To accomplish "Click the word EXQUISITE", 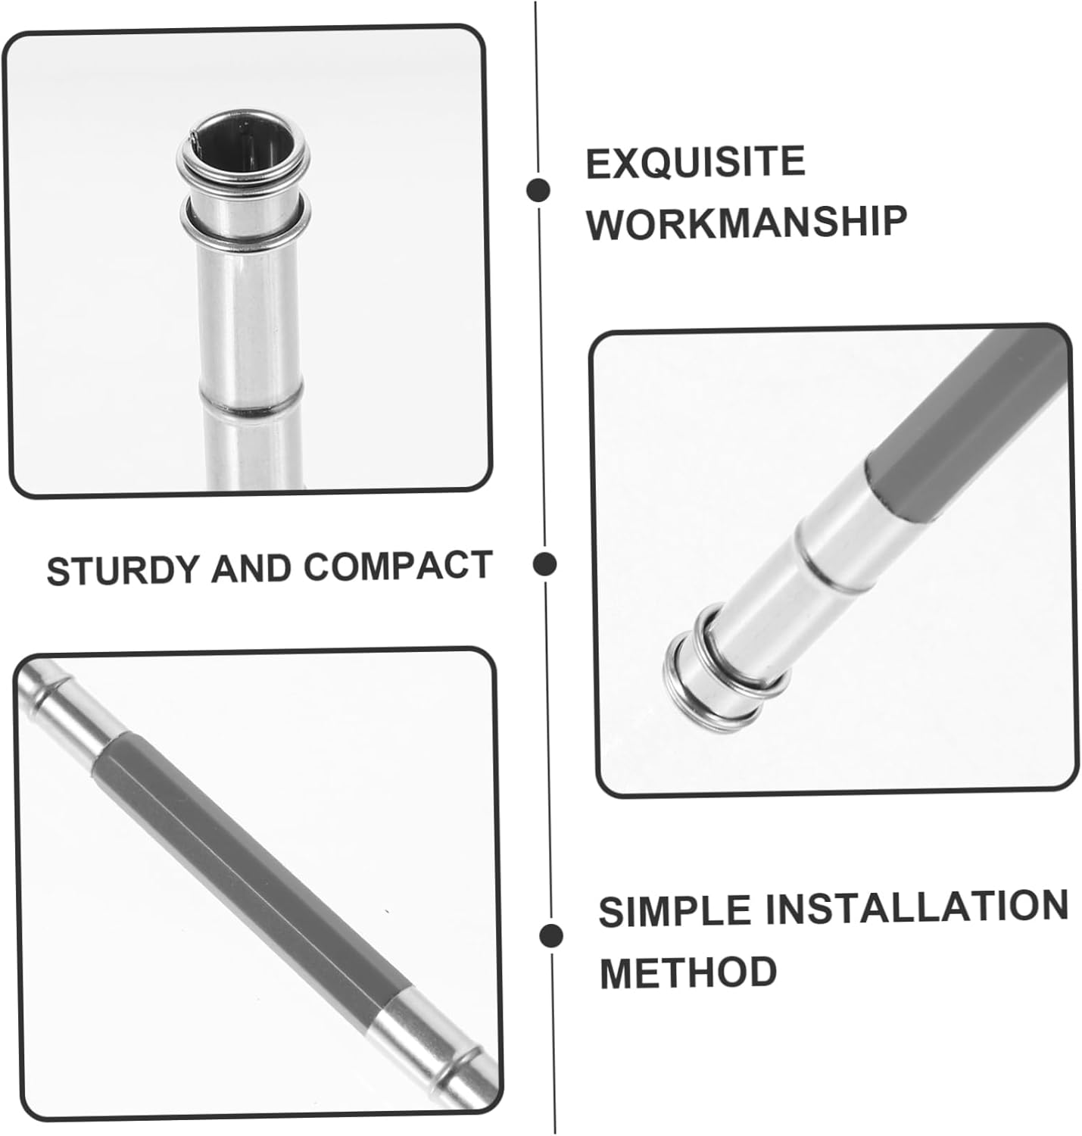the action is click(696, 162).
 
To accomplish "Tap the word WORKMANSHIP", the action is click(747, 223).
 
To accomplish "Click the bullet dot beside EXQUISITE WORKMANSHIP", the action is click(538, 190).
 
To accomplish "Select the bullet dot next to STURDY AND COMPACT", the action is click(544, 564).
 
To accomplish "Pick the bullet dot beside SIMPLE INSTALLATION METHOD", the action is click(551, 935).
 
